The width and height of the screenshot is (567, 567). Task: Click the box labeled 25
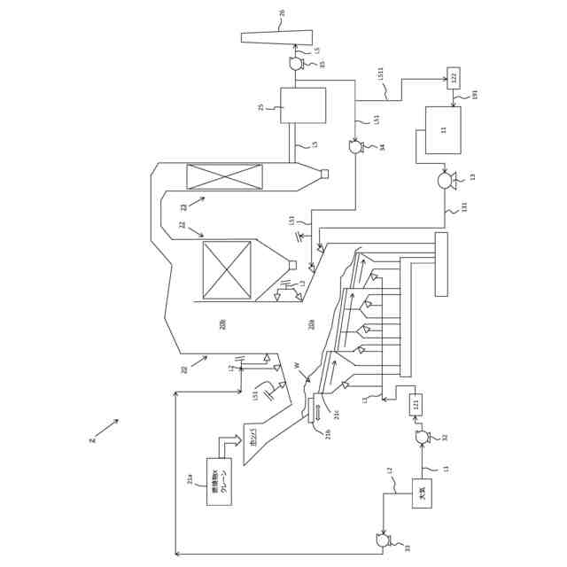[x=303, y=105]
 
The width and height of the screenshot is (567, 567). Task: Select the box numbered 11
[x=443, y=130]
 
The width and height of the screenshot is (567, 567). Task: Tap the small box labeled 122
[x=454, y=78]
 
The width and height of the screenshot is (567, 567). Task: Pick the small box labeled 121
[x=416, y=405]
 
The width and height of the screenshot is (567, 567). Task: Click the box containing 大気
[x=422, y=493]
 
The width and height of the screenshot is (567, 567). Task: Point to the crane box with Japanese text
[x=219, y=481]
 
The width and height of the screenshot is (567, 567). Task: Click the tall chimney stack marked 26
[x=276, y=37]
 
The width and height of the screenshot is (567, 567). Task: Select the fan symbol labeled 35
[x=296, y=64]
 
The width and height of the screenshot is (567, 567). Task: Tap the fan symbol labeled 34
[x=355, y=147]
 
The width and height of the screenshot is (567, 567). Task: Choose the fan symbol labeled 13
[x=445, y=181]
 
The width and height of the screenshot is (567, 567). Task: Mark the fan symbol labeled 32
[x=423, y=437]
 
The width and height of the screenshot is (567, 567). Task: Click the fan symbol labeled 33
[x=383, y=540]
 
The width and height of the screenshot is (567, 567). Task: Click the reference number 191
[x=475, y=95]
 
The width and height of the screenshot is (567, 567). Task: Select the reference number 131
[x=464, y=207]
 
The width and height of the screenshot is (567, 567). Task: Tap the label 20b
[x=222, y=324]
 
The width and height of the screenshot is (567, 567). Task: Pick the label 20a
[x=311, y=325]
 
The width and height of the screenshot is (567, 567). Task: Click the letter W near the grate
[x=297, y=365]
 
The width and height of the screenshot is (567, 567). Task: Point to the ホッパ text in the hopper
[x=253, y=436]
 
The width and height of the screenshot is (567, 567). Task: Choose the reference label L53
[x=291, y=220]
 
